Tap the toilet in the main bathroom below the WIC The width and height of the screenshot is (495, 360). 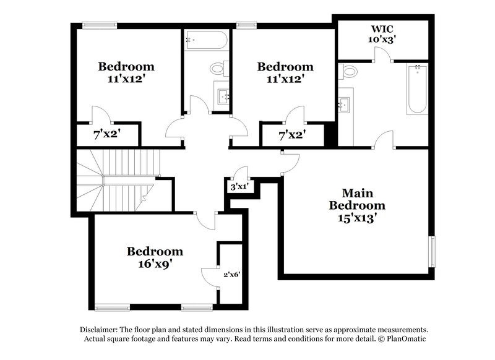(x=350, y=71)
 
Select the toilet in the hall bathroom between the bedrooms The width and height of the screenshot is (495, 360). (x=218, y=68)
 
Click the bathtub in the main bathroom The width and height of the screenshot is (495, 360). (x=417, y=90)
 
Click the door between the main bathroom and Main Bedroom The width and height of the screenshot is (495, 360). (x=384, y=142)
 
